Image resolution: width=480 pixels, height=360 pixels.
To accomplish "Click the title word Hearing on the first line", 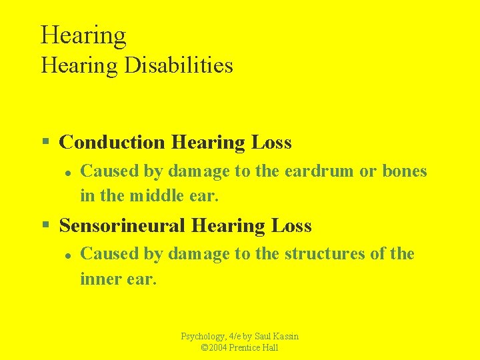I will pos(83,35).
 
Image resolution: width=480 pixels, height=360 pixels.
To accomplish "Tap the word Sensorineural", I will pos(122,226).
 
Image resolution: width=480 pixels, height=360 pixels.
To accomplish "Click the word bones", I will pos(404,171).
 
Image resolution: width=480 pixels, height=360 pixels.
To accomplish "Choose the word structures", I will pos(325,254).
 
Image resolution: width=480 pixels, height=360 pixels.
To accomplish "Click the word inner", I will pos(97,279).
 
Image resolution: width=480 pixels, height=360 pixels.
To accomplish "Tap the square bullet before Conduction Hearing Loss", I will pos(45,142).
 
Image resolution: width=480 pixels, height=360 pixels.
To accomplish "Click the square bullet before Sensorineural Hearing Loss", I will pos(45,225).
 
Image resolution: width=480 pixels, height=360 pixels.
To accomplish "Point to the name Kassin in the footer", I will pos(285,337).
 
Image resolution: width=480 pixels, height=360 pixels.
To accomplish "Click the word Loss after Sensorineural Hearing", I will pos(291,226).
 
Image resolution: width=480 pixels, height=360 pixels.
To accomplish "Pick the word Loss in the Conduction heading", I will pos(271,142).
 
